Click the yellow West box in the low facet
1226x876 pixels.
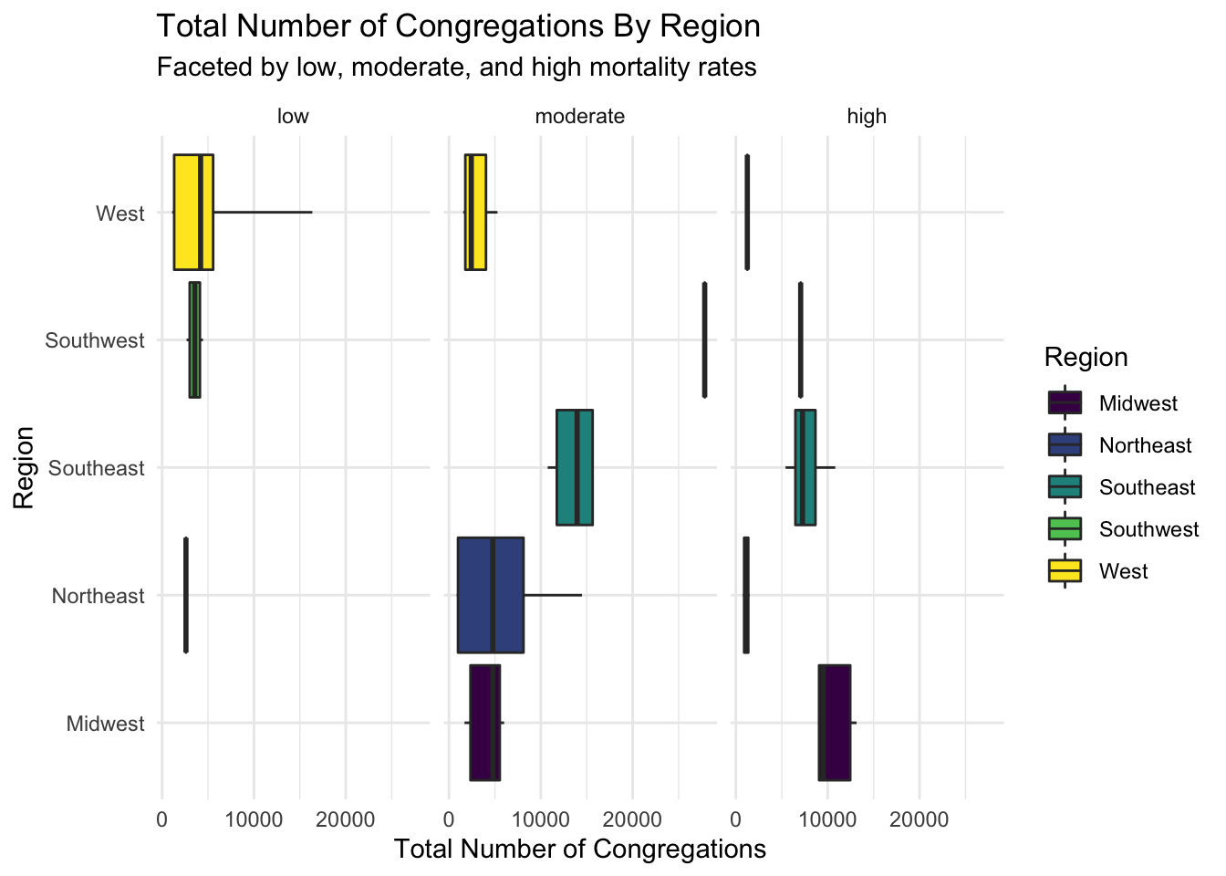186,213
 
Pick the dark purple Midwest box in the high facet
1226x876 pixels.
838,723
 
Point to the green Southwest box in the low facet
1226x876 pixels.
194,339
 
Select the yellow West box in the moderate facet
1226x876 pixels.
475,213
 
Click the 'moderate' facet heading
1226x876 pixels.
580,117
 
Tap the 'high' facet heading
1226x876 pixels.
867,117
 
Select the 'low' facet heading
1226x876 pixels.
293,117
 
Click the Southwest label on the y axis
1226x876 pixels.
95,340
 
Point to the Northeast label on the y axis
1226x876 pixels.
98,596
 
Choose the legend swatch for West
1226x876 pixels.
1065,571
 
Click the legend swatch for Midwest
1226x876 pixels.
1065,403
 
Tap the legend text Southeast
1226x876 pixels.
1147,487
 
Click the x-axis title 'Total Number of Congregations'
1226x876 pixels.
580,850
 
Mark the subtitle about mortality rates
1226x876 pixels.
456,68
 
